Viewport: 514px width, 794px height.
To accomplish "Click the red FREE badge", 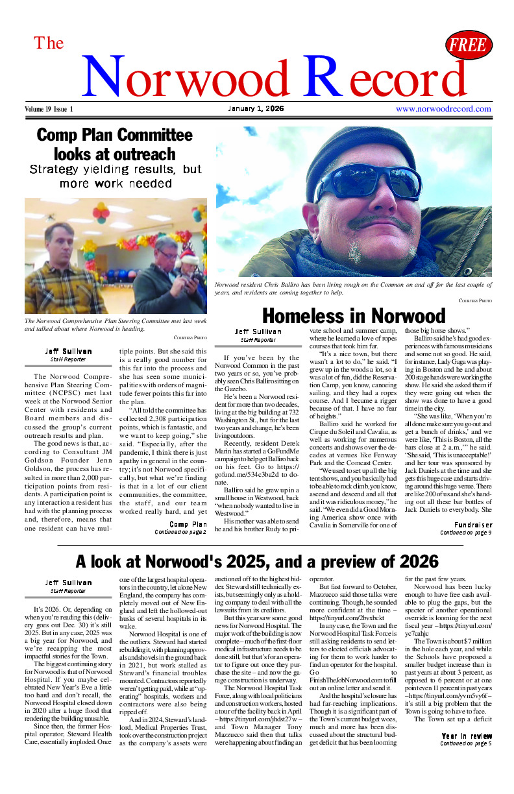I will pyautogui.click(x=469, y=45).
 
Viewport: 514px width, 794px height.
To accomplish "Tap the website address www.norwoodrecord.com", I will pyautogui.click(x=443, y=109).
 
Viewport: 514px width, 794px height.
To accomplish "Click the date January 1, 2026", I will pyautogui.click(x=256, y=108).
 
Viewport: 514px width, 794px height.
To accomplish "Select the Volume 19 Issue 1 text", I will pyautogui.click(x=49, y=109).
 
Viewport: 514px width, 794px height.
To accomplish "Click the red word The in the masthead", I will pyautogui.click(x=49, y=43).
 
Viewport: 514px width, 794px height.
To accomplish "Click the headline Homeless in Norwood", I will pyautogui.click(x=354, y=316).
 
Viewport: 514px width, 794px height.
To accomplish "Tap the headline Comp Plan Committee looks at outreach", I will pyautogui.click(x=115, y=145).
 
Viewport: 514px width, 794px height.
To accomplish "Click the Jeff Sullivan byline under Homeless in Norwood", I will pyautogui.click(x=258, y=331).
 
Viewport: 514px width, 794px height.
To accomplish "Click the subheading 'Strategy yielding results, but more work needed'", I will pyautogui.click(x=116, y=176).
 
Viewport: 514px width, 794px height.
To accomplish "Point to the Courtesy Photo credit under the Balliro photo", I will pyautogui.click(x=475, y=301).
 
